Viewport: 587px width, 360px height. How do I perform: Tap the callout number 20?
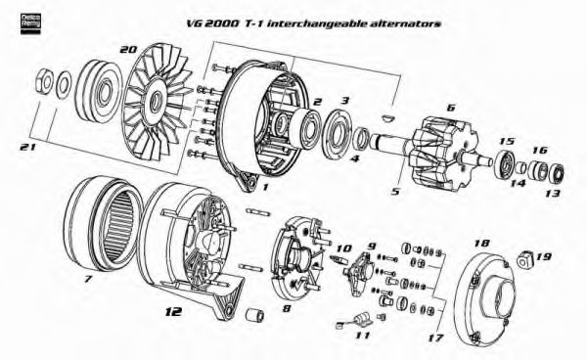[126, 49]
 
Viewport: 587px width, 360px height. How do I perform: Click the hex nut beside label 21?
[44, 80]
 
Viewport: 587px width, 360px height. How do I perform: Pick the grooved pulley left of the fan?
[98, 89]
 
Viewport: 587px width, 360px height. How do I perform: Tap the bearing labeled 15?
[507, 163]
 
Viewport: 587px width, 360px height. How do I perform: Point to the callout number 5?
[394, 192]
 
